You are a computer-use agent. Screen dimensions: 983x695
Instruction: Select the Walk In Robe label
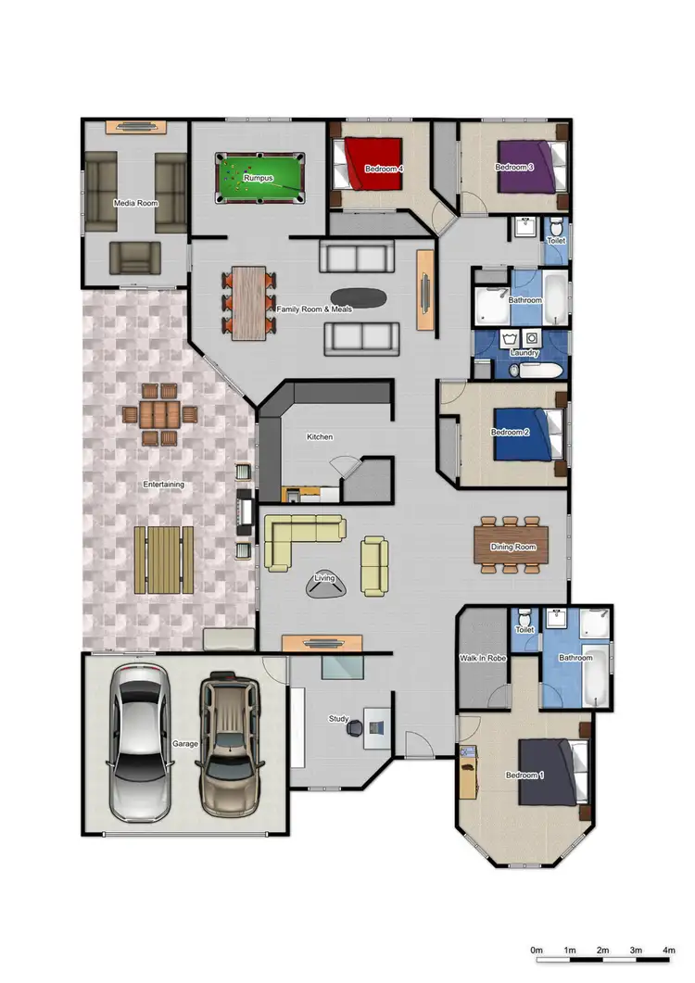point(481,660)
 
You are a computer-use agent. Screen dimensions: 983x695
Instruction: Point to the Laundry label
point(524,353)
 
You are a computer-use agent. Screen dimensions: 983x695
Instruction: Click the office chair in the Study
point(355,729)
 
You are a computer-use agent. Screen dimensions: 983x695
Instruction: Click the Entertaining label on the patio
point(163,485)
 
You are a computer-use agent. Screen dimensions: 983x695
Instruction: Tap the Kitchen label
point(320,436)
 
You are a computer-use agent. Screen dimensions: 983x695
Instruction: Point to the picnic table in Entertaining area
point(164,560)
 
